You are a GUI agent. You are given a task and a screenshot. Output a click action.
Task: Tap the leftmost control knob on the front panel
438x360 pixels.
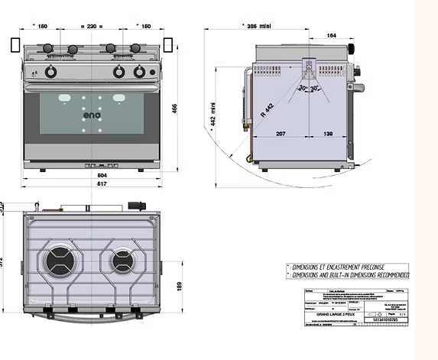point(50,72)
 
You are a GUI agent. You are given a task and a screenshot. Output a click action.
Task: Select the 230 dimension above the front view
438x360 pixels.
point(91,27)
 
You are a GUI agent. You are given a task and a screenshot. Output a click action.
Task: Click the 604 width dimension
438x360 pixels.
point(91,175)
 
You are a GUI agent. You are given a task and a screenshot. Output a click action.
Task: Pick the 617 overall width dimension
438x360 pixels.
point(91,184)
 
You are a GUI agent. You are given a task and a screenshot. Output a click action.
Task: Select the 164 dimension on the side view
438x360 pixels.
point(331,35)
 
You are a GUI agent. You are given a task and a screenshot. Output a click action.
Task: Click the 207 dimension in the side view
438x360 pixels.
point(281,134)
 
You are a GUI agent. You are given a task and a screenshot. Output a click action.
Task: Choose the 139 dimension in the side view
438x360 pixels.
point(327,134)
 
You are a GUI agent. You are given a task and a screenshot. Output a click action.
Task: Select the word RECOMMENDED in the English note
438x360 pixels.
point(391,274)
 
